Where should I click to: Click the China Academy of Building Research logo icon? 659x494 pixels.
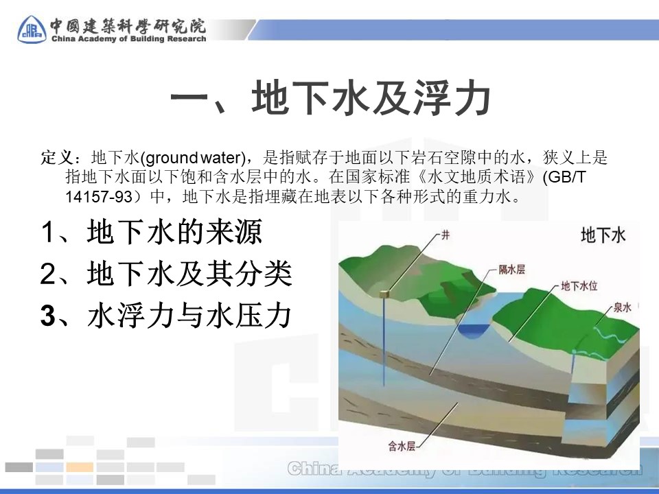click(x=32, y=29)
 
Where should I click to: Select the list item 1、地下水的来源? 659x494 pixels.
click(x=151, y=231)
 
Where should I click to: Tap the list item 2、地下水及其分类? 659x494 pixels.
click(x=166, y=274)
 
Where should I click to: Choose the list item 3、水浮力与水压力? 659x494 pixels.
click(x=166, y=316)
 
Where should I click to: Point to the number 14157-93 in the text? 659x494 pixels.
click(x=99, y=197)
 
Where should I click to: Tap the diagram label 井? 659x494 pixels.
click(x=445, y=235)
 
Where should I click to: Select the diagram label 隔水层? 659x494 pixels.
click(x=512, y=269)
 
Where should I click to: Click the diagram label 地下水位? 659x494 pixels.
click(x=579, y=286)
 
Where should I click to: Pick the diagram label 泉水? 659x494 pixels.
click(x=623, y=307)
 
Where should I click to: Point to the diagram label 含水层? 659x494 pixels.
click(x=402, y=446)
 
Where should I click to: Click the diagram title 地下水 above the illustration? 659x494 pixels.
click(x=603, y=235)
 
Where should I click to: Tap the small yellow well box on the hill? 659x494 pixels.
click(x=384, y=294)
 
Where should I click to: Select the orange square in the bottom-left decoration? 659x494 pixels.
click(x=80, y=467)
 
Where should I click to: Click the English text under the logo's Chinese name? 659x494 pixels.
click(x=128, y=38)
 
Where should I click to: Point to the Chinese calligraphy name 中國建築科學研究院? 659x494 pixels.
click(x=128, y=25)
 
